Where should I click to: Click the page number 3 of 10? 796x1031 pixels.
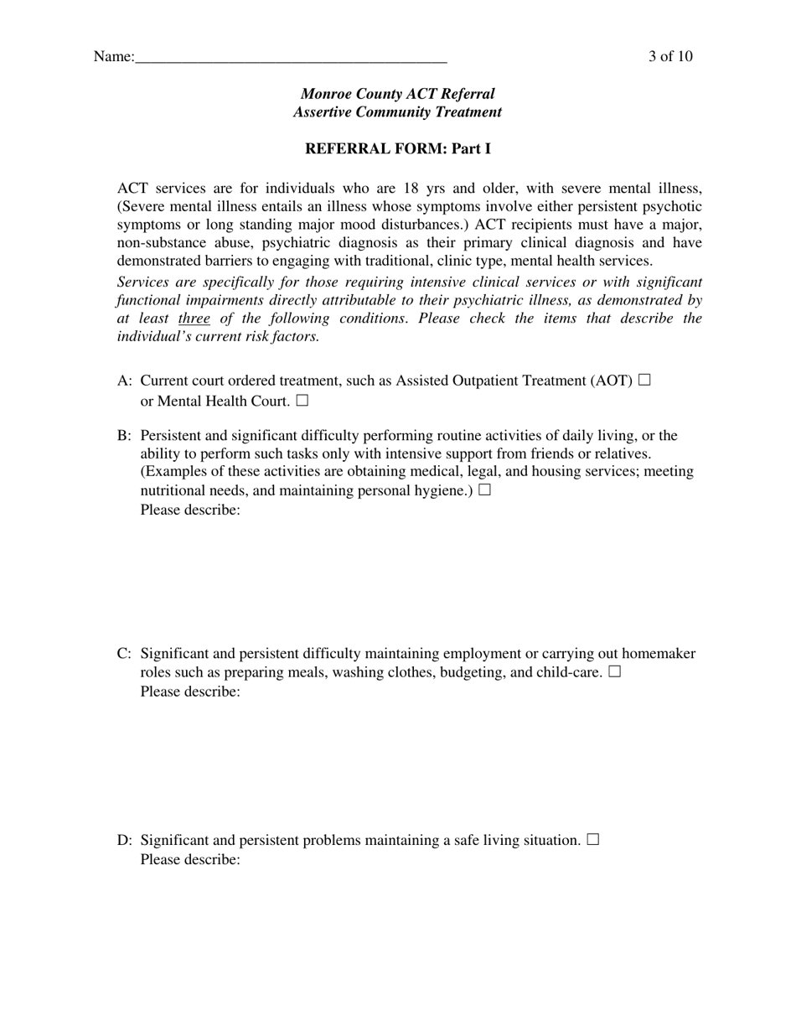tap(669, 56)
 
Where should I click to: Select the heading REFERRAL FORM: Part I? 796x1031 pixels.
tap(397, 149)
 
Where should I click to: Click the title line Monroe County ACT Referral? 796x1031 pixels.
tap(397, 94)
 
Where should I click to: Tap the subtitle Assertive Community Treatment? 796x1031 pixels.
tap(397, 112)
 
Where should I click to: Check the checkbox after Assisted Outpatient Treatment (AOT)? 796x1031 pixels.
tap(644, 380)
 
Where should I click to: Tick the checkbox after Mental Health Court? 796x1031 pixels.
tap(302, 401)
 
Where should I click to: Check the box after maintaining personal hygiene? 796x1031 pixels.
tap(484, 490)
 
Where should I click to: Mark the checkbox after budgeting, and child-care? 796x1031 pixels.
tap(615, 671)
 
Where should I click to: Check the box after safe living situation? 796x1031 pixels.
tap(593, 839)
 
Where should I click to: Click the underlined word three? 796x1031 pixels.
tap(194, 319)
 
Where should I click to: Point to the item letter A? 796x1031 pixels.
tap(125, 381)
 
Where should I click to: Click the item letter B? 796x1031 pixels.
tap(125, 436)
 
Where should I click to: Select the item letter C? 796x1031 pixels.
tap(125, 654)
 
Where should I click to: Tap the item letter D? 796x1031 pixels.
tap(125, 840)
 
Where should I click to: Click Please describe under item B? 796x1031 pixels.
tap(190, 510)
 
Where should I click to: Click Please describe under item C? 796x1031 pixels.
tap(190, 692)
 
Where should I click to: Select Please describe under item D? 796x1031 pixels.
tap(190, 860)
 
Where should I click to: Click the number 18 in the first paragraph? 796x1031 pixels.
tap(411, 188)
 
